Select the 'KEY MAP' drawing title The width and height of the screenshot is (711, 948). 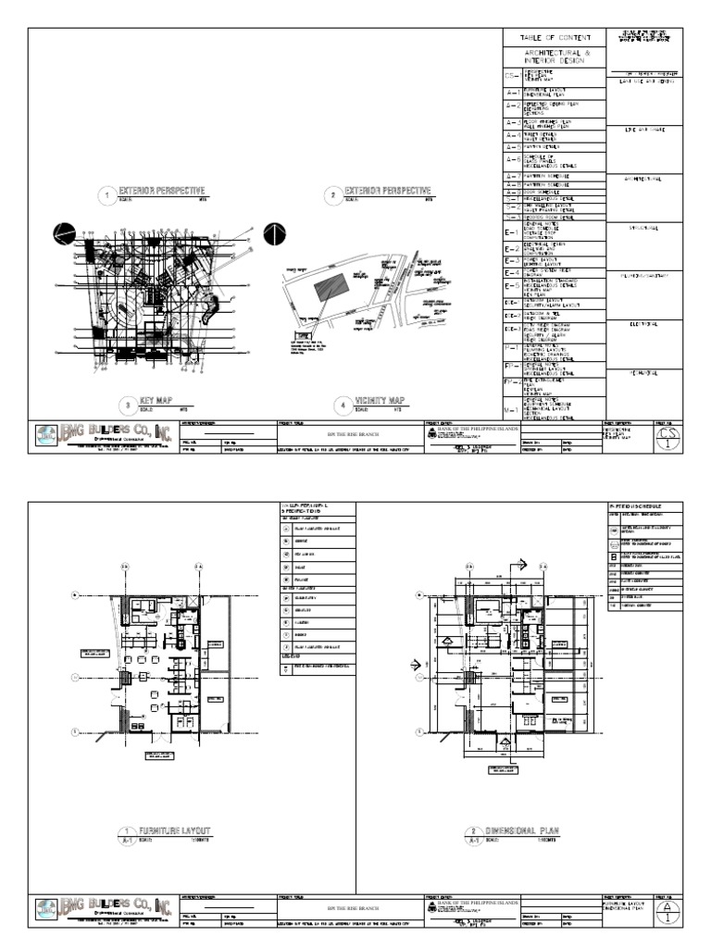coord(156,399)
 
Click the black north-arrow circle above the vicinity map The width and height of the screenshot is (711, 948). coord(275,233)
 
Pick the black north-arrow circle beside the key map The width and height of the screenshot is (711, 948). coord(66,234)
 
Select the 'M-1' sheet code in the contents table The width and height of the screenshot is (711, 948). coord(510,408)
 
